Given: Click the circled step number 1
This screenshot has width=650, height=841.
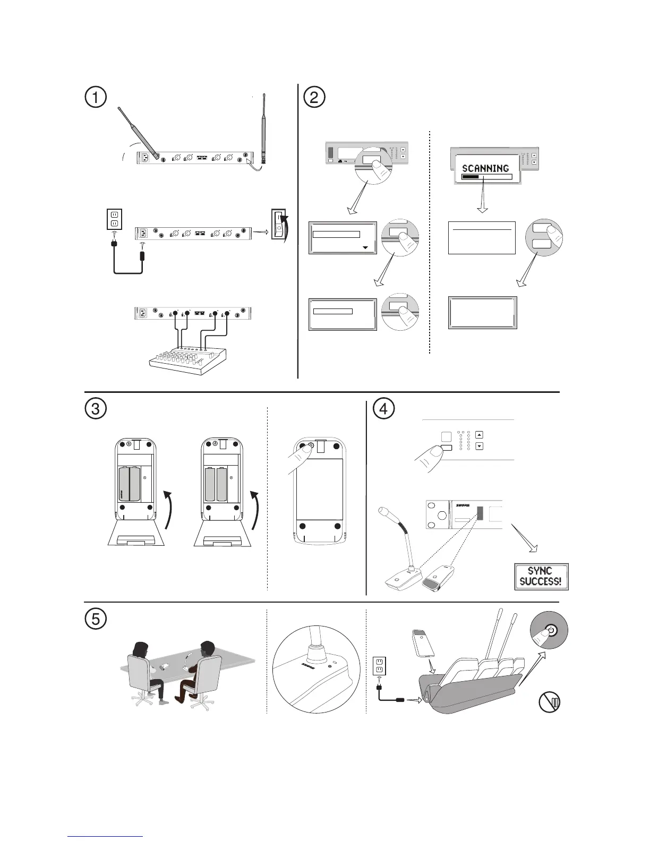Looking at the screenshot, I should pos(96,97).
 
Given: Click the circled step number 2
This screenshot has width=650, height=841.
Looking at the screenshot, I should pos(314,97).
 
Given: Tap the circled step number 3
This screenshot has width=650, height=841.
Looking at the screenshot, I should pos(96,409).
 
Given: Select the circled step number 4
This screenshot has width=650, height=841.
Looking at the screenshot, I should pos(384,409).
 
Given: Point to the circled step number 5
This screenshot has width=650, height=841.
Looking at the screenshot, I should pos(96,618).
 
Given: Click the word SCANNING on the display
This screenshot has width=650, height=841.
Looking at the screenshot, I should pos(485,168).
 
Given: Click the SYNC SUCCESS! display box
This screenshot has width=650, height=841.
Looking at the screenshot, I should pos(541,576).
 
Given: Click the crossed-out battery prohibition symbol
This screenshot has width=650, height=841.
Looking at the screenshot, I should pos(550,702).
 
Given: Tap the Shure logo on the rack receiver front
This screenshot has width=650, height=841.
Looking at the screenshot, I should pos(463,505).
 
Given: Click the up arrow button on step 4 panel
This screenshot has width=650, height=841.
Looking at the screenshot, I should pos(480,434).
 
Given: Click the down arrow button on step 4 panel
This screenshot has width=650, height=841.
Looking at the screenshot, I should pos(480,447).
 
